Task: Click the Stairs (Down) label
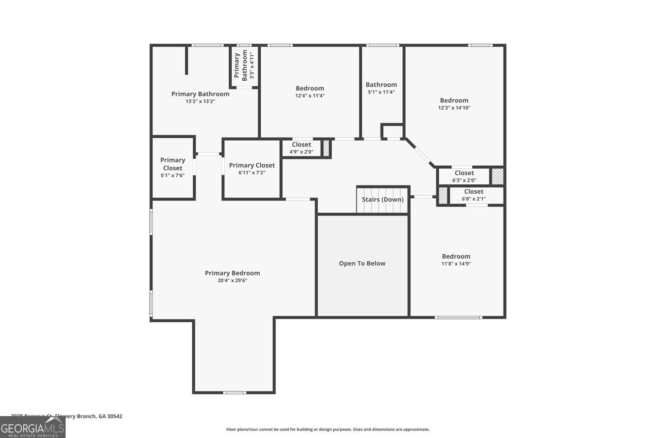pos(383,200)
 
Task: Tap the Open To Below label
pos(362,264)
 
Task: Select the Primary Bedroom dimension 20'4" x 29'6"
pos(232,281)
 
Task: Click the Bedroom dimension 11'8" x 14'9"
pos(456,264)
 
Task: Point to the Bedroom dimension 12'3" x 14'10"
pos(454,108)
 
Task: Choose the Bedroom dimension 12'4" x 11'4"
pos(310,96)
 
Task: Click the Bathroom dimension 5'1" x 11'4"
pos(381,92)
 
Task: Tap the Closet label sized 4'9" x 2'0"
pos(301,144)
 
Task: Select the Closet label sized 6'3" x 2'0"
pos(464,173)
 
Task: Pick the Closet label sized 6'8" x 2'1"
pos(474,192)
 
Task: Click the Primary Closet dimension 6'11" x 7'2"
pos(252,173)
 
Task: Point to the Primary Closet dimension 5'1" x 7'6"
pos(173,176)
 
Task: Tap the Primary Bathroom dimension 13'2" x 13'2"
pos(200,101)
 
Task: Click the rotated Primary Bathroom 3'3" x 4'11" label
pos(244,65)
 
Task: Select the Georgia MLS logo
pos(32,427)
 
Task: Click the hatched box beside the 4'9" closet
pos(326,149)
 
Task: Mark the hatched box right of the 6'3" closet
pos(497,177)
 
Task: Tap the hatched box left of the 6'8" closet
pos(443,196)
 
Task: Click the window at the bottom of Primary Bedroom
pos(235,393)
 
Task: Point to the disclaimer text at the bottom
pos(328,429)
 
